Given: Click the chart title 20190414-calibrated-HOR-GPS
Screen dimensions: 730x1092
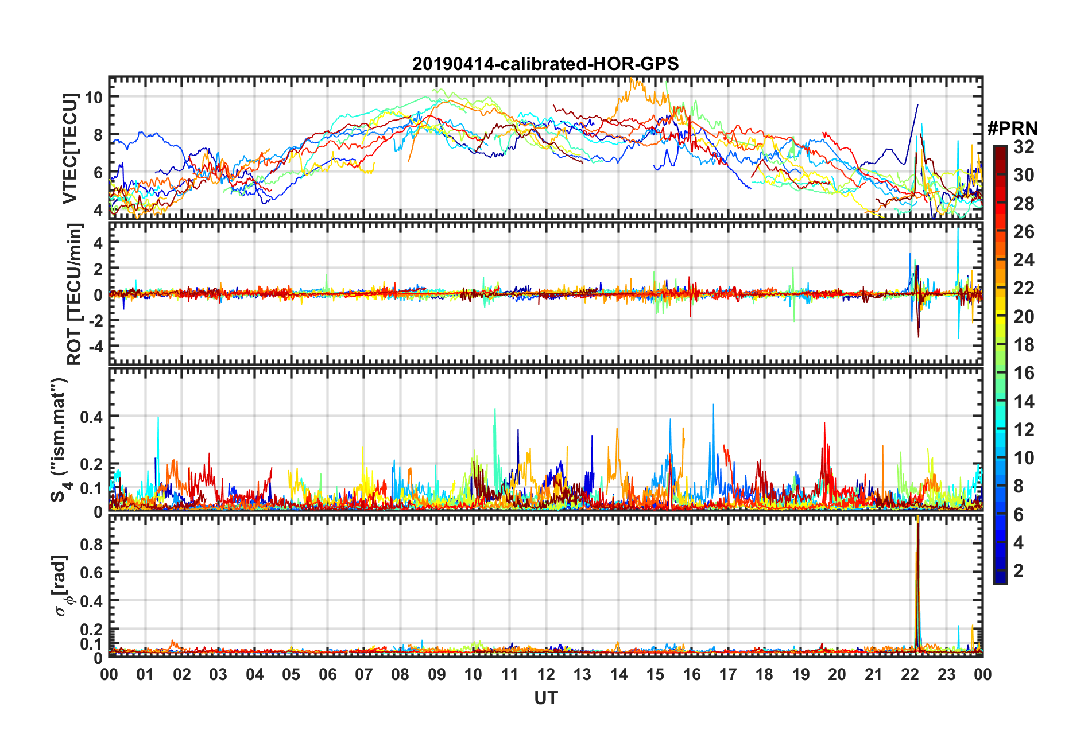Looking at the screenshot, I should click(x=545, y=64).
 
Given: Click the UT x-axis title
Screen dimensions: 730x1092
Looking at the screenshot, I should click(x=545, y=698).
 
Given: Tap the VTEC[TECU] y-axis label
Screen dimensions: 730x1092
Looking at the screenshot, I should click(x=70, y=149).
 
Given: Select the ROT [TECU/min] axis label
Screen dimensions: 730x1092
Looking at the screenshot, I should click(x=75, y=294).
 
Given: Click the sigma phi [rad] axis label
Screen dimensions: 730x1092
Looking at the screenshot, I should click(x=63, y=585).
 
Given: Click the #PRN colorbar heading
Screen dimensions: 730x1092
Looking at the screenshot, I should click(x=1012, y=129).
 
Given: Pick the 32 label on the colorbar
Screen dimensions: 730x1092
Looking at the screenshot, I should click(x=1024, y=147).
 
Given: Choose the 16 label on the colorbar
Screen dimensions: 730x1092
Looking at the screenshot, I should click(x=1024, y=373).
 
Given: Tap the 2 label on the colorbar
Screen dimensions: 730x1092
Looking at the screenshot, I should click(x=1019, y=571).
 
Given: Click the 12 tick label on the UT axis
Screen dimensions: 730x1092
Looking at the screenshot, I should click(x=546, y=675).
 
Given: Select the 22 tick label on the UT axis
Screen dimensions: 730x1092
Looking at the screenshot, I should click(x=910, y=675).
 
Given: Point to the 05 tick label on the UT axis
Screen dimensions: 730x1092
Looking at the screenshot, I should click(x=291, y=675).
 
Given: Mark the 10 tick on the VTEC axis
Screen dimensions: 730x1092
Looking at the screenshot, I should click(x=94, y=97).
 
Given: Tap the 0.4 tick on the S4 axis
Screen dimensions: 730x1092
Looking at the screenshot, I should click(x=92, y=417).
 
